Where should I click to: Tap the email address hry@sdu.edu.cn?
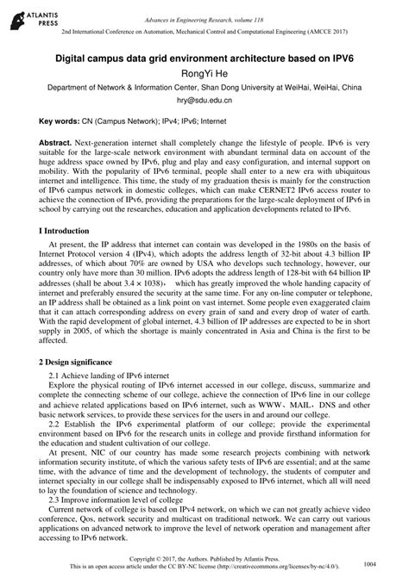(204, 102)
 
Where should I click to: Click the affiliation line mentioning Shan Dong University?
(204, 88)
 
